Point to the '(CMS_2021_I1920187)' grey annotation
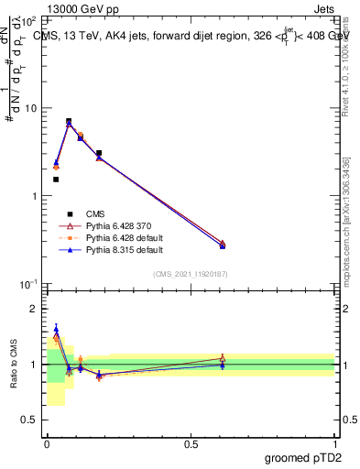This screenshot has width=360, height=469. [191, 273]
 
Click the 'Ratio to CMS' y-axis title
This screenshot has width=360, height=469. [14, 365]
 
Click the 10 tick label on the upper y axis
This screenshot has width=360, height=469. [28, 108]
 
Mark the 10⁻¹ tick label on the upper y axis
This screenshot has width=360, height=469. [27, 285]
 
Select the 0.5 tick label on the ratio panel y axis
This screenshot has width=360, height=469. [29, 420]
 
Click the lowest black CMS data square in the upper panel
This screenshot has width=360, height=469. [56, 180]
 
